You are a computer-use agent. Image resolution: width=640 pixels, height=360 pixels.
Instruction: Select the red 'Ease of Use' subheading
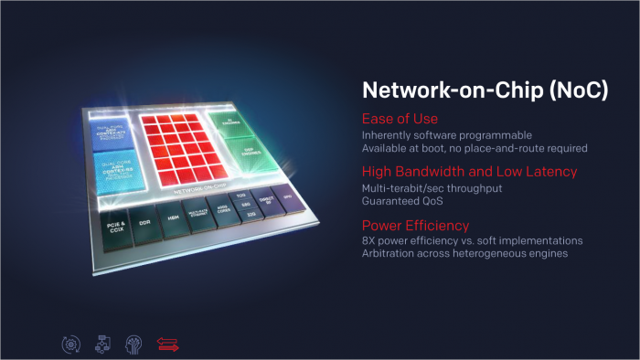point(400,119)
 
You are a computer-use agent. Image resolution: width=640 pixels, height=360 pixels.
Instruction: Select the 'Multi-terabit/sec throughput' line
point(421,187)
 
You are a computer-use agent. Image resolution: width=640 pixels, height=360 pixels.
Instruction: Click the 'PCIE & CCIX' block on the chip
point(115,225)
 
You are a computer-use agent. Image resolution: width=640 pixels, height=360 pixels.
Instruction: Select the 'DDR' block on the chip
point(143,223)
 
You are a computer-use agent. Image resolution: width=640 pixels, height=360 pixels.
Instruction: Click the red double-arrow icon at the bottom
point(168,344)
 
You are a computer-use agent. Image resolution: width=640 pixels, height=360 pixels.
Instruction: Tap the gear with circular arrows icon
point(69,344)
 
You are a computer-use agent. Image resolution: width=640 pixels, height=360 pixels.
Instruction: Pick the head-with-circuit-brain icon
point(133,344)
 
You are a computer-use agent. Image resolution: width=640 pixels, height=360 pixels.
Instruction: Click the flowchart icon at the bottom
point(101,344)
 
